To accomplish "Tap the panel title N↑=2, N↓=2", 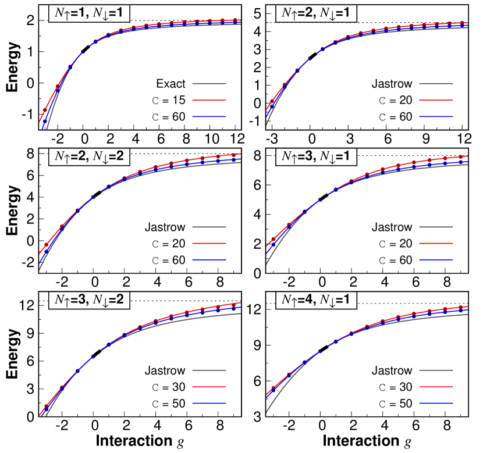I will click(x=88, y=156).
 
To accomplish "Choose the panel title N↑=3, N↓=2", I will click(x=88, y=300).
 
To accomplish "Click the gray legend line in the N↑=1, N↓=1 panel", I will click(x=209, y=84).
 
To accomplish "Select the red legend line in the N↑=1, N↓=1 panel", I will click(x=209, y=100).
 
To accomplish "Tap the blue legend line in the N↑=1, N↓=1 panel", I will click(x=209, y=116).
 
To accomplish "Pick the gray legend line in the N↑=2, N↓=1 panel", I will click(x=436, y=84).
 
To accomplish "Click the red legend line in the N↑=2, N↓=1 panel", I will click(x=436, y=100).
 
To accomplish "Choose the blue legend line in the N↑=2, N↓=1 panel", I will click(x=436, y=116).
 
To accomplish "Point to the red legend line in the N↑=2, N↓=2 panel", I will click(x=209, y=244).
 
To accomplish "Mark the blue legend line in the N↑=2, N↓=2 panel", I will click(x=209, y=260).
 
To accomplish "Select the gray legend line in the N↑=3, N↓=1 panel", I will click(x=436, y=227).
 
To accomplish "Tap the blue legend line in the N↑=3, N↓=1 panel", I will click(x=436, y=260).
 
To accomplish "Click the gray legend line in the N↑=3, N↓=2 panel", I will click(x=209, y=370).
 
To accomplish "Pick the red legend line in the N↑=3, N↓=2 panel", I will click(x=209, y=386).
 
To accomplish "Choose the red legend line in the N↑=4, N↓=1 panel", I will click(x=436, y=386).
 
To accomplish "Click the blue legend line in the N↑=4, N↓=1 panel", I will click(x=436, y=403).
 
